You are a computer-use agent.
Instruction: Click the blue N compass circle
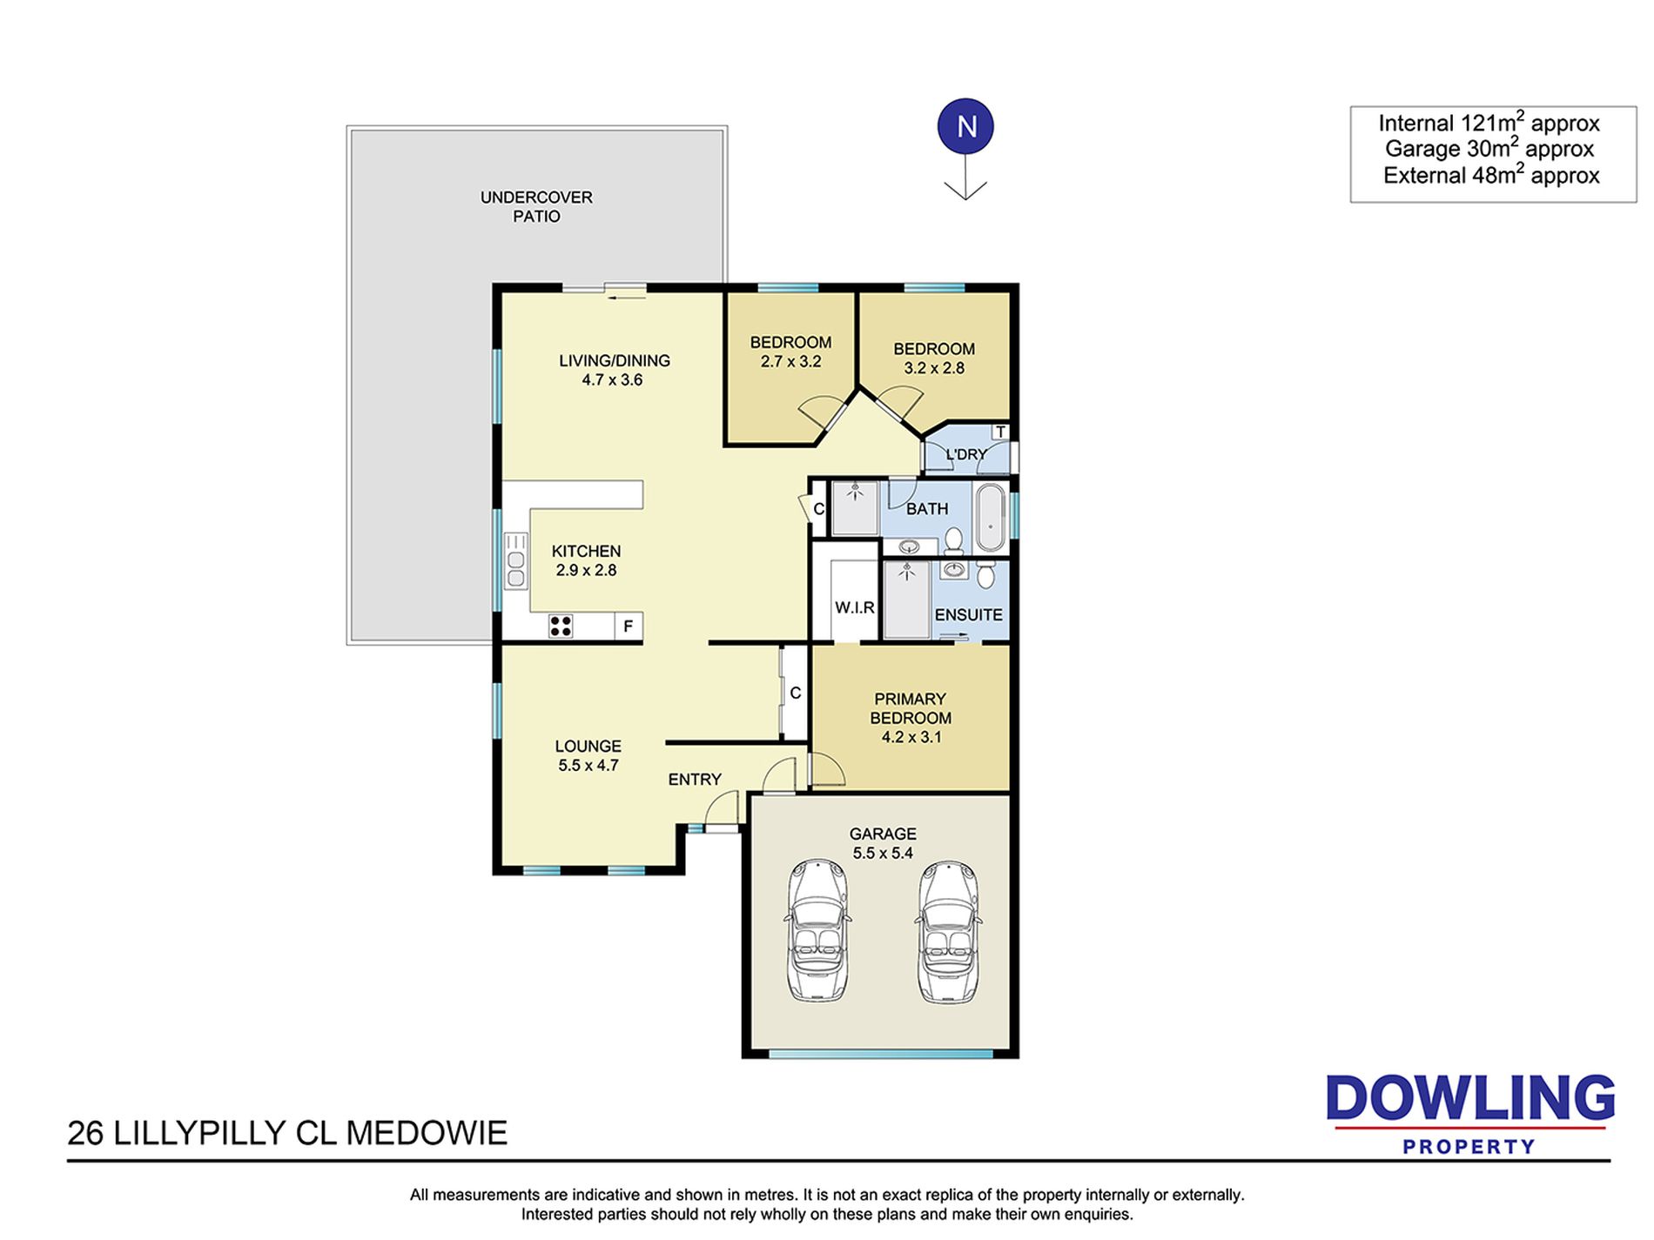(965, 127)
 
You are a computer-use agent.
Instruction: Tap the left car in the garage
(817, 931)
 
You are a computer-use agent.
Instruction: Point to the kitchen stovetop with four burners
(561, 626)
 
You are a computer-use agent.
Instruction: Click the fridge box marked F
(629, 627)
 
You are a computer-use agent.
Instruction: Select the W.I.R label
(854, 607)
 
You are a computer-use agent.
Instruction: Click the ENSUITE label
(968, 614)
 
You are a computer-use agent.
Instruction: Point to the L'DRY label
(965, 454)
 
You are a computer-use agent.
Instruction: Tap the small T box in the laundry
(1000, 432)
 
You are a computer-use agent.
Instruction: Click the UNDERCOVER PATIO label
(536, 207)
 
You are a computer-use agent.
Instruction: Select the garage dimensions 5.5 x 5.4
(883, 853)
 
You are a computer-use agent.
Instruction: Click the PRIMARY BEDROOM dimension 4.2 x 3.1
(911, 737)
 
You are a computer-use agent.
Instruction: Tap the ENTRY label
(695, 780)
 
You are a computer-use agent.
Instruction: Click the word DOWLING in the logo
(1470, 1098)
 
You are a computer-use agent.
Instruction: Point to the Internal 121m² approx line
(1489, 123)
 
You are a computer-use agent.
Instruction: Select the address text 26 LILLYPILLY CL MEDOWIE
(287, 1133)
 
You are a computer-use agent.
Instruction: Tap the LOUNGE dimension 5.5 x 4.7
(588, 766)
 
